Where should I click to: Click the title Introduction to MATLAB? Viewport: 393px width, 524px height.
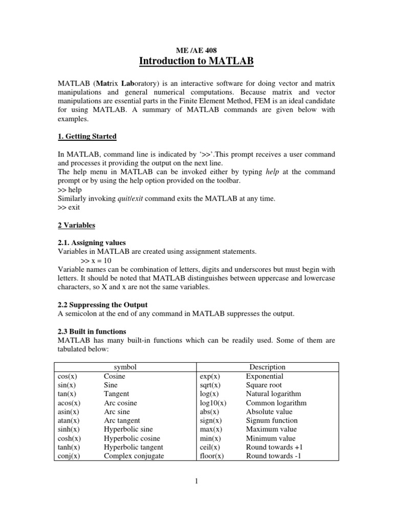pyautogui.click(x=196, y=62)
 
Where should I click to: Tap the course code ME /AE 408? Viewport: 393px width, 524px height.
pyautogui.click(x=196, y=51)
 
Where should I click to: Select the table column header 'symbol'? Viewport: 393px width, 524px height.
pyautogui.click(x=125, y=367)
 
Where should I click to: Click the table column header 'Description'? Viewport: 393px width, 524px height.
pyautogui.click(x=267, y=367)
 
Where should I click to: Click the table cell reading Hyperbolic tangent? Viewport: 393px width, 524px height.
pyautogui.click(x=132, y=447)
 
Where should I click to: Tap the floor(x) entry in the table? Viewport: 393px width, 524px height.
pyautogui.click(x=212, y=456)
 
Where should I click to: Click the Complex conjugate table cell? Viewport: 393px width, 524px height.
pyautogui.click(x=134, y=456)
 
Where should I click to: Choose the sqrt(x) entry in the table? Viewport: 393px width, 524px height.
pyautogui.click(x=210, y=385)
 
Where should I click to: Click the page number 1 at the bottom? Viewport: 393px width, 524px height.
pyautogui.click(x=196, y=481)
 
